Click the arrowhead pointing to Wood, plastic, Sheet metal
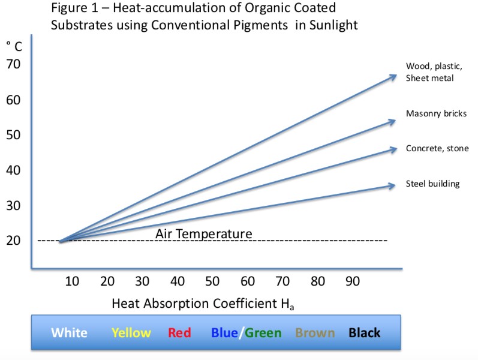coord(393,76)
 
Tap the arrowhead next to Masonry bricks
coord(392,121)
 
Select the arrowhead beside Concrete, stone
coord(393,148)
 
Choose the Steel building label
coord(432,184)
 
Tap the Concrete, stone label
coord(437,149)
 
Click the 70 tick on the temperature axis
coord(14,65)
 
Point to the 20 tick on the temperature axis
coord(14,241)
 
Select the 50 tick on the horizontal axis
coord(212,280)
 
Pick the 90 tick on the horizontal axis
coord(353,280)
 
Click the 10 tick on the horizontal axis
coord(73,280)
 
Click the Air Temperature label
coord(204,233)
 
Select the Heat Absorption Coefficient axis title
coord(203,304)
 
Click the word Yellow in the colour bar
coord(131,332)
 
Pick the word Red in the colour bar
coord(179,332)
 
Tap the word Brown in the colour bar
coord(315,332)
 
